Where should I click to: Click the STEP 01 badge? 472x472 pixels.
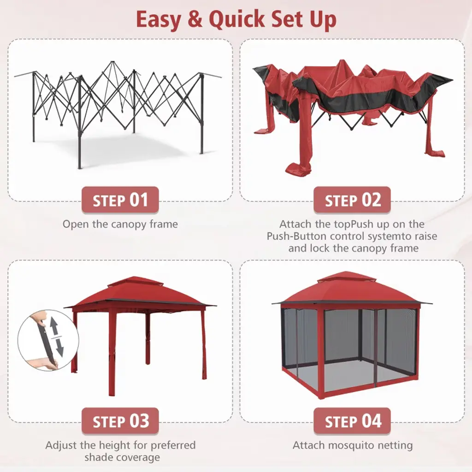(120, 200)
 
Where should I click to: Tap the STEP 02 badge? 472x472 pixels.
(352, 200)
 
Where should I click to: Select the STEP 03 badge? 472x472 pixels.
(120, 421)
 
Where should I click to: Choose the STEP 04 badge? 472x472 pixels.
(352, 421)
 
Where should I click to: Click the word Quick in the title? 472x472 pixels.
(236, 19)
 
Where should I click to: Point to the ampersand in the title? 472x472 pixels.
(195, 19)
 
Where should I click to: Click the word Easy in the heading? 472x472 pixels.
(159, 20)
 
